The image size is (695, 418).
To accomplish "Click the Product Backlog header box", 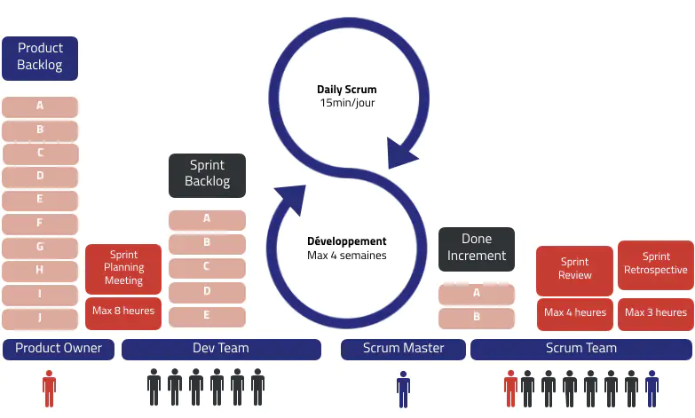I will [x=40, y=58].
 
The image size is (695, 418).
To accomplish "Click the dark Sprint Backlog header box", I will [x=207, y=174].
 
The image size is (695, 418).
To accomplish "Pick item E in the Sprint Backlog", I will [x=207, y=316].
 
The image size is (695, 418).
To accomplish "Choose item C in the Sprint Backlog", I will [x=207, y=267].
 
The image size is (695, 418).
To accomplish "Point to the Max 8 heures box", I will [x=123, y=312].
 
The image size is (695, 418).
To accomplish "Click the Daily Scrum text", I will [x=347, y=90].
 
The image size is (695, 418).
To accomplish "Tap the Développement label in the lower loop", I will [x=347, y=241].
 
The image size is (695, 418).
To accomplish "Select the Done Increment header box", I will [x=477, y=248].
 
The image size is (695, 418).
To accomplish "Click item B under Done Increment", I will [x=477, y=317].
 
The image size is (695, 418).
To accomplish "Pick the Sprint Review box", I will [x=574, y=270].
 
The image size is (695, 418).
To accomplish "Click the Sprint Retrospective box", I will [x=656, y=264].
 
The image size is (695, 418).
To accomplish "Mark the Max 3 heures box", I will [x=656, y=313].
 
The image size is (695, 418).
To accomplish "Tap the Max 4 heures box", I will [x=574, y=313].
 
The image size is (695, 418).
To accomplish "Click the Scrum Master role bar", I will [x=404, y=349].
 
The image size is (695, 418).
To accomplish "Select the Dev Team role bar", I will [x=221, y=349].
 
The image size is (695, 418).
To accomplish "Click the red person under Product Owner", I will [x=49, y=387].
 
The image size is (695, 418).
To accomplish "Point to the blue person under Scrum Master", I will [x=404, y=387].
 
